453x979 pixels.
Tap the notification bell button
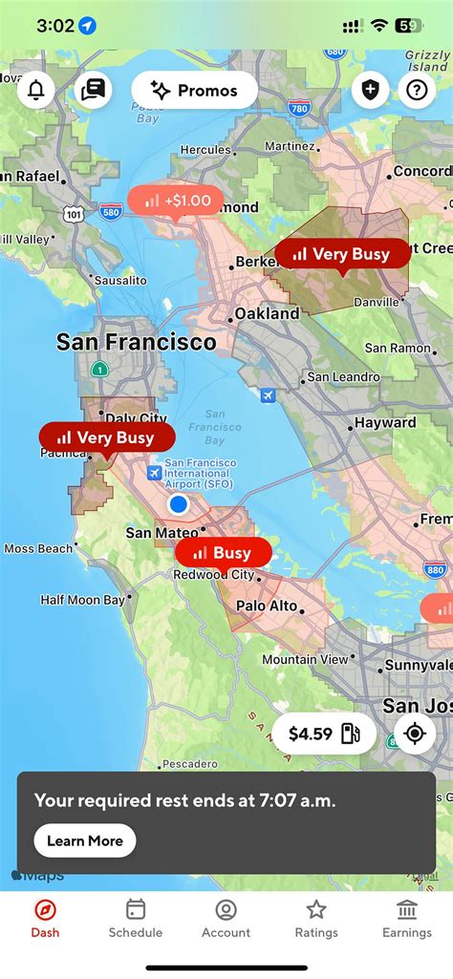click(x=36, y=91)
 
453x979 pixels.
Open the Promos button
click(x=195, y=91)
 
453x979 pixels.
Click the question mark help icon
click(x=416, y=91)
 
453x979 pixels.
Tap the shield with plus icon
click(x=370, y=91)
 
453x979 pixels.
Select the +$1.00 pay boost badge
click(x=176, y=202)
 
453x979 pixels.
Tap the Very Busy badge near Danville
click(x=342, y=254)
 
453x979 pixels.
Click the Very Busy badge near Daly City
click(x=107, y=438)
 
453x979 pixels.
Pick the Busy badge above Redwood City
click(x=223, y=553)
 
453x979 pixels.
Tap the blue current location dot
click(x=178, y=503)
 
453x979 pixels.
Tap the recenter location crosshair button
click(x=415, y=734)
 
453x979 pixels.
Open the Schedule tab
click(x=135, y=918)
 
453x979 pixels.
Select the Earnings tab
click(x=406, y=918)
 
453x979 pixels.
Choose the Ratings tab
click(x=316, y=918)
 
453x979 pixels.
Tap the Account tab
click(x=226, y=918)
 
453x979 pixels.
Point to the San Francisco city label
click(x=136, y=342)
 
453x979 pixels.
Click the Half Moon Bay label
click(x=82, y=601)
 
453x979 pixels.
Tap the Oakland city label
click(x=267, y=313)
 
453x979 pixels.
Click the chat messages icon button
click(x=93, y=91)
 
